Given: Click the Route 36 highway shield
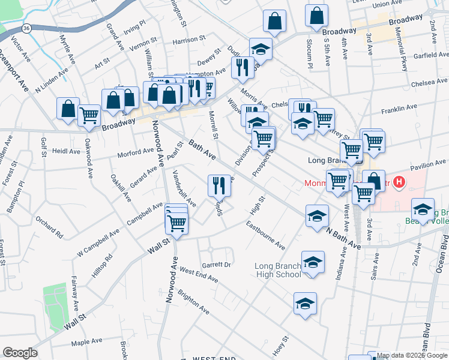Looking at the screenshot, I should pos(25,28).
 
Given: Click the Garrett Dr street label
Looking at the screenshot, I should pos(216,264).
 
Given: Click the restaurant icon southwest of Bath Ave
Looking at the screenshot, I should pos(219,185).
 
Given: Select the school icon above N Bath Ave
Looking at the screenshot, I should pos(316,216).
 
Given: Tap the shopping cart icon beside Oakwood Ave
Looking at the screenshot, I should pos(89,113).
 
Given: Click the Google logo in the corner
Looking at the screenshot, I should pos(20,353).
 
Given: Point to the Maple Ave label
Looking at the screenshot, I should pos(87,342).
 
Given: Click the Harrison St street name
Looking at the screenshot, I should pos(189,41).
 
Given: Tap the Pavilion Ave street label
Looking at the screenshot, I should pos(428,162).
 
